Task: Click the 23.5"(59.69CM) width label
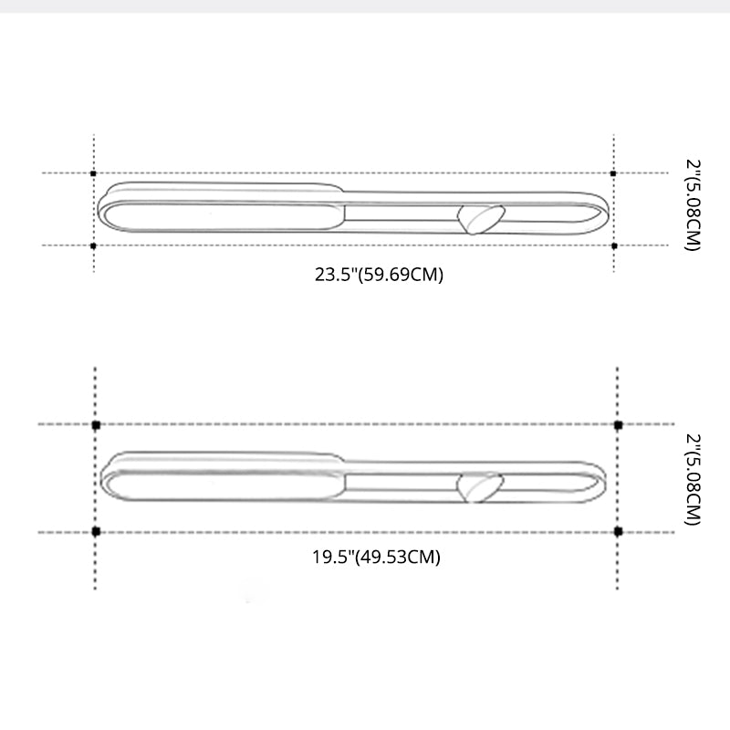pos(379,274)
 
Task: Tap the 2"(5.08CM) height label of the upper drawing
pos(693,206)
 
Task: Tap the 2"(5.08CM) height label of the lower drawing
pos(693,480)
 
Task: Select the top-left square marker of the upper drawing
pos(94,172)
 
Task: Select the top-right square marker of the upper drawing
pos(613,172)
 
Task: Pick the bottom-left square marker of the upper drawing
pos(94,245)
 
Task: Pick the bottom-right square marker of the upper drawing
pos(613,245)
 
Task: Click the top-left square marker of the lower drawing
pos(96,425)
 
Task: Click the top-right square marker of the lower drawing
pos(618,425)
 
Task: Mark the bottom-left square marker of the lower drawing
pos(96,531)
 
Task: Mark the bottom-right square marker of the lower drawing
pos(618,531)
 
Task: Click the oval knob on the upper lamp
pos(478,219)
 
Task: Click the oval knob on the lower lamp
pos(480,485)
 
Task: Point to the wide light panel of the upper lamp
pos(219,215)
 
